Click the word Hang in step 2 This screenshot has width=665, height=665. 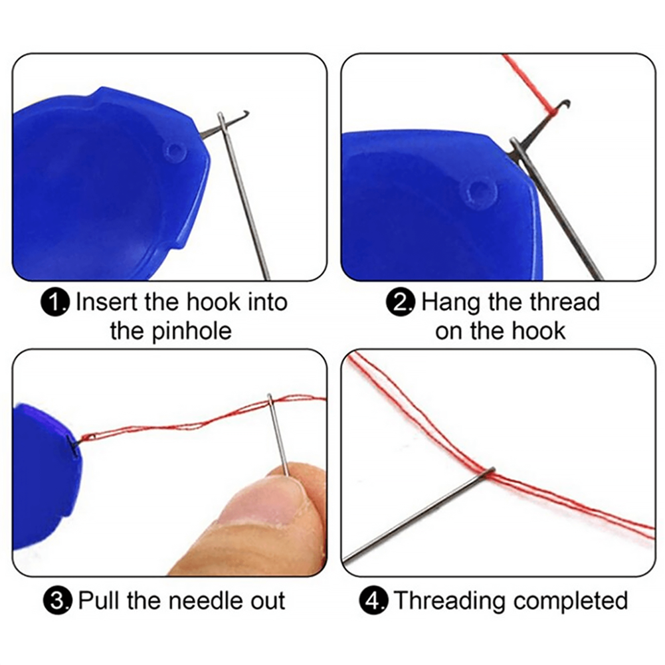pyautogui.click(x=449, y=303)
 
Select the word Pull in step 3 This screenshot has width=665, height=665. pyautogui.click(x=100, y=601)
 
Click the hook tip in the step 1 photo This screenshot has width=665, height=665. pyautogui.click(x=246, y=112)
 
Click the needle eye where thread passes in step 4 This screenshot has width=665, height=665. pyautogui.click(x=490, y=471)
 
